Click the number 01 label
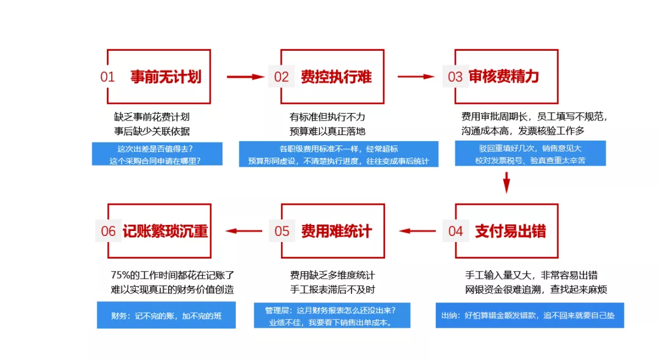coord(108,76)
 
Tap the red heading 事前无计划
coord(166,76)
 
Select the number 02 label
coord(281,76)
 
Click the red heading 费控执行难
coord(336,76)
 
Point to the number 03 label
coord(455,76)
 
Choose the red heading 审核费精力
coord(504,76)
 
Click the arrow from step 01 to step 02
coord(246,76)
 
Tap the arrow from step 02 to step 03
coord(416,76)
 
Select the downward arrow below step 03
coord(507,182)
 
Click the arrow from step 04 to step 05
coord(417,231)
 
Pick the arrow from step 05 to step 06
coord(244,231)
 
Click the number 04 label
coord(455,231)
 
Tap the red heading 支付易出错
coord(510,231)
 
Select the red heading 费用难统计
coord(336,231)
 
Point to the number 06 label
coord(108,231)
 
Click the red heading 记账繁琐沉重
coord(166,231)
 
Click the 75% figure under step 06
coord(120,275)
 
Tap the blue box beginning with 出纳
coord(530,315)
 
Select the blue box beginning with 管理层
coord(332,315)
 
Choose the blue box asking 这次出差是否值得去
coord(158,153)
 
